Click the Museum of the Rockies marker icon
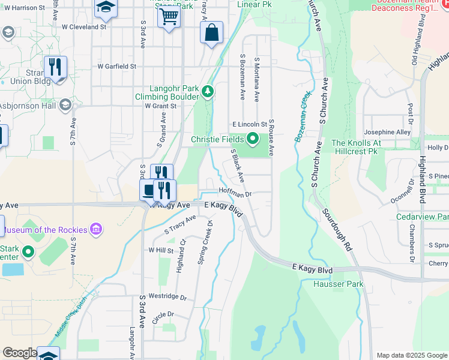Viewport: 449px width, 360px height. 95,229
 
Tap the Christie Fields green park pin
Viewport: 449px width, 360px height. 253,140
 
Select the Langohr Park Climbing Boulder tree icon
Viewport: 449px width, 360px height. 208,91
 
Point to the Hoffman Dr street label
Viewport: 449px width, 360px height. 234,194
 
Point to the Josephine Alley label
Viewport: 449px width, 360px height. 387,132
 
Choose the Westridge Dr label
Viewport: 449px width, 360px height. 167,297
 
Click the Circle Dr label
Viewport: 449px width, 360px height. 162,314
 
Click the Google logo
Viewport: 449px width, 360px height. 20,353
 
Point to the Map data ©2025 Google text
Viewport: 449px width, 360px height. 411,355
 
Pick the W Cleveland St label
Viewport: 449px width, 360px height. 83,27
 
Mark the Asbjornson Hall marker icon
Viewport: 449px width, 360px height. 65,106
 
